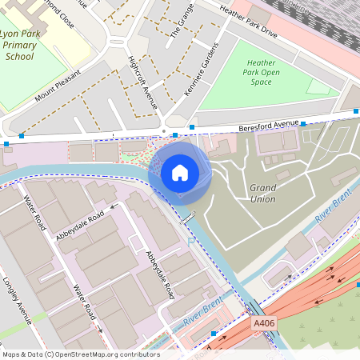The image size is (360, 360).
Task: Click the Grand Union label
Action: pyautogui.click(x=262, y=193)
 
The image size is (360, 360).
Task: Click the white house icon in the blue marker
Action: pyautogui.click(x=180, y=172)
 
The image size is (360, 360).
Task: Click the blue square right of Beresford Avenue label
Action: pyautogui.click(x=303, y=123)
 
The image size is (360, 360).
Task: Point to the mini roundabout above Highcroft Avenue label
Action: pyautogui.click(x=121, y=41)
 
